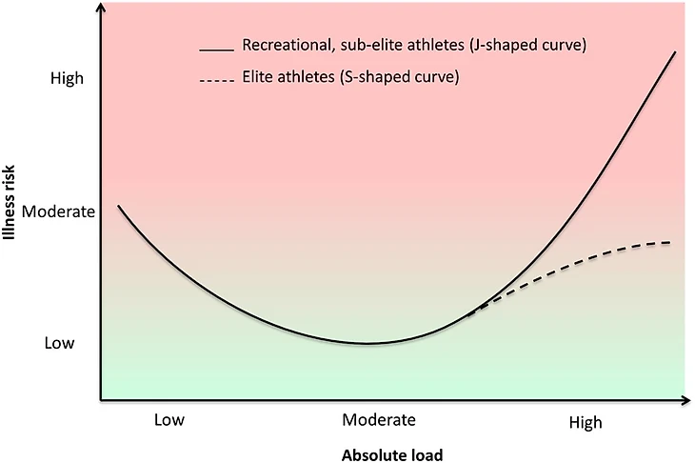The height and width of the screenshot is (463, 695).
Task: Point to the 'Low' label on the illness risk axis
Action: [60, 343]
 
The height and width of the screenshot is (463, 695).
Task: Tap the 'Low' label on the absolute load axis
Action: [169, 420]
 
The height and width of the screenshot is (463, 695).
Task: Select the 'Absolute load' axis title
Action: [391, 454]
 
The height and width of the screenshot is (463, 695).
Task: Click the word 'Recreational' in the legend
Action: [282, 46]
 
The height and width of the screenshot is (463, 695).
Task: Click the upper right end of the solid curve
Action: [675, 52]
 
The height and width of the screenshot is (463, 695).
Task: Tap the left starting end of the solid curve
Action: [118, 206]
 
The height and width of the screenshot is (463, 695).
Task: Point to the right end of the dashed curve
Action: [670, 242]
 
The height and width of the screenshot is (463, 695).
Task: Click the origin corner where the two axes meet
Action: [100, 399]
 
